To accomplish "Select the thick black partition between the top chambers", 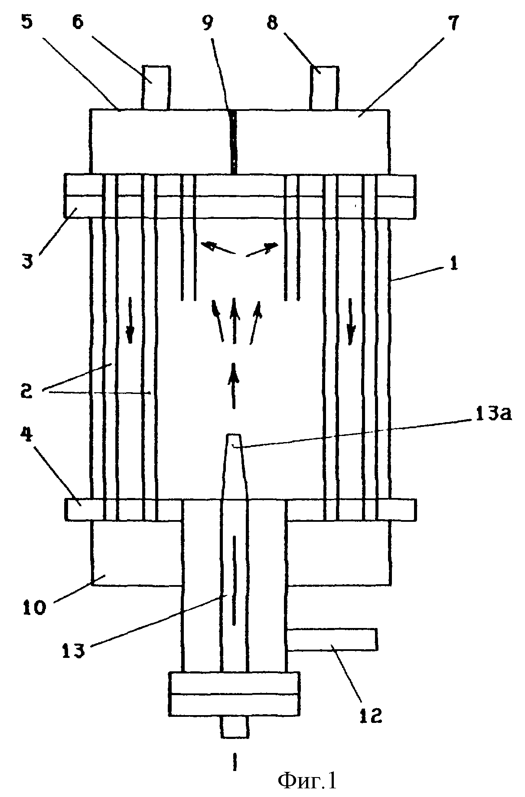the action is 234,142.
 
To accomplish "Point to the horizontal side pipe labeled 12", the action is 332,640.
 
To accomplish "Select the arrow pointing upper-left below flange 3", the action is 218,248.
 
